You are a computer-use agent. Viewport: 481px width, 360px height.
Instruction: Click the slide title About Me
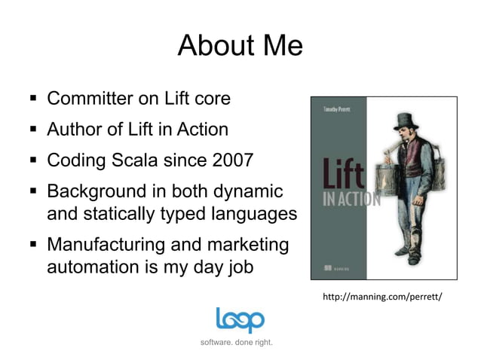point(240,47)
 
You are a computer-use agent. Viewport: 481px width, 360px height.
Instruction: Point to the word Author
point(74,130)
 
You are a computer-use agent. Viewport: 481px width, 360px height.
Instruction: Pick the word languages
point(255,213)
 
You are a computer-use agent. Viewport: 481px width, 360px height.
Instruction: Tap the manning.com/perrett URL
point(381,297)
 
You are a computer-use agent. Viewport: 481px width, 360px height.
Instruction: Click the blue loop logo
point(240,320)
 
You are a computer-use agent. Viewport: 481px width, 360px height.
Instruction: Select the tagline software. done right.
point(237,343)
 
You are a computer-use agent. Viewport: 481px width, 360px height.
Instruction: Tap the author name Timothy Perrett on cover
point(337,110)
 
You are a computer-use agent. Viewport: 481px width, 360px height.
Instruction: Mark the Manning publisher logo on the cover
point(332,267)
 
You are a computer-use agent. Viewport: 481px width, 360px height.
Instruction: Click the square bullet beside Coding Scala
point(33,161)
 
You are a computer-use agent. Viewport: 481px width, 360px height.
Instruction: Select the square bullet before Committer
point(33,99)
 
